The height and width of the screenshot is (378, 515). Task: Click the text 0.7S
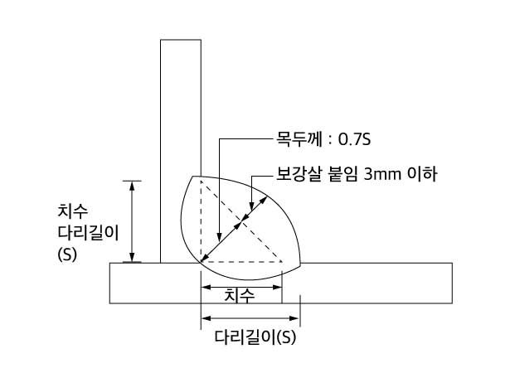click(x=355, y=139)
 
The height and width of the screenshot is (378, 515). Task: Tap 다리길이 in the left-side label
click(x=88, y=232)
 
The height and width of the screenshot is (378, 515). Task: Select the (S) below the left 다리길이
click(x=67, y=254)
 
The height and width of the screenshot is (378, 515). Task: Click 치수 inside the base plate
click(x=239, y=295)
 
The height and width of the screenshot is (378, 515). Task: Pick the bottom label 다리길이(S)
click(x=255, y=337)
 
